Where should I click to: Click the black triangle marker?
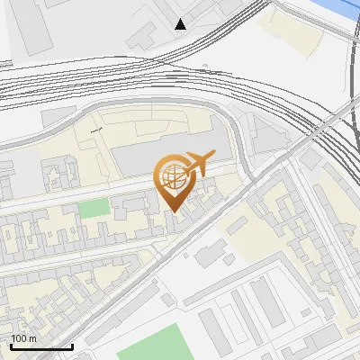click(x=181, y=24)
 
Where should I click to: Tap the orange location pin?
click(x=175, y=180)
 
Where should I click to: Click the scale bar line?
click(x=40, y=346)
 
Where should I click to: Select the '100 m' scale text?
click(x=23, y=338)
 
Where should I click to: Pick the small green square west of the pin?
click(x=92, y=209)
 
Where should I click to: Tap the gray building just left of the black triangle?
click(x=144, y=36)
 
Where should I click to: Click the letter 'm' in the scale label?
click(x=32, y=338)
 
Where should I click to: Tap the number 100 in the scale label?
click(x=19, y=338)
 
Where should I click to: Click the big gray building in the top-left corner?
click(x=31, y=27)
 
